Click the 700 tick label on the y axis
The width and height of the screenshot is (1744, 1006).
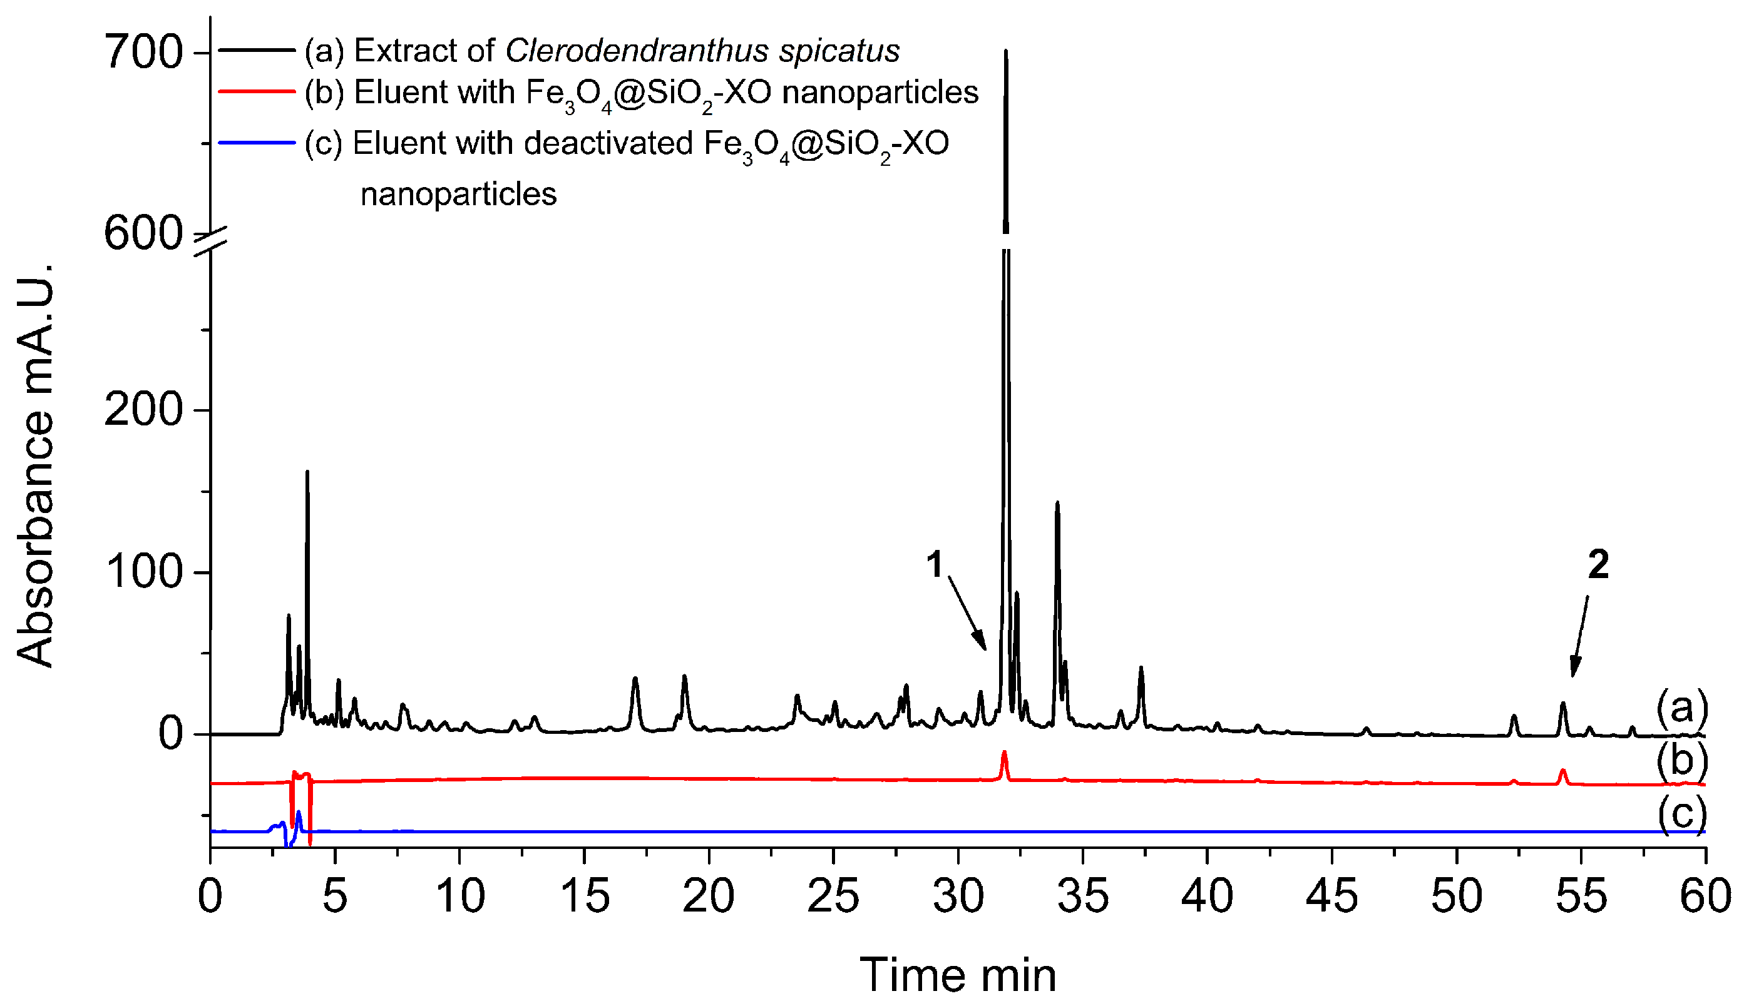click(143, 53)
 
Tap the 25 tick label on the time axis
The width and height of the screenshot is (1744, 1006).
click(833, 897)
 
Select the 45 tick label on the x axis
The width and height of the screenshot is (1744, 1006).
click(1331, 897)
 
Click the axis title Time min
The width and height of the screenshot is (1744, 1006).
click(957, 975)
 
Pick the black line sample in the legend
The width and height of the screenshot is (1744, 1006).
click(257, 50)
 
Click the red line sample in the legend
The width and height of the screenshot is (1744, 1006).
click(257, 91)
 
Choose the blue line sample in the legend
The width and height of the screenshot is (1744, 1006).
click(257, 143)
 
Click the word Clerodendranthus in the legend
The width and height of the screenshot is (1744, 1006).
click(637, 51)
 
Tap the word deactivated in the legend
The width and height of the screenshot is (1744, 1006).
click(608, 143)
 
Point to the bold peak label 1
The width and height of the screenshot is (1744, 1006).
click(935, 564)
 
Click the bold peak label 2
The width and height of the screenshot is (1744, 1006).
click(1598, 564)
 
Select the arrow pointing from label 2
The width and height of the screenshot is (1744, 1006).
click(1579, 636)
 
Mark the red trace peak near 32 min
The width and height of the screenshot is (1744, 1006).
click(1003, 753)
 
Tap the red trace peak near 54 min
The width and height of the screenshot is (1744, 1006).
click(1562, 771)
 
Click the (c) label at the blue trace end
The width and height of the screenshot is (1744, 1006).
click(1682, 814)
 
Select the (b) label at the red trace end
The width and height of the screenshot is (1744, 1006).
click(1682, 761)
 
